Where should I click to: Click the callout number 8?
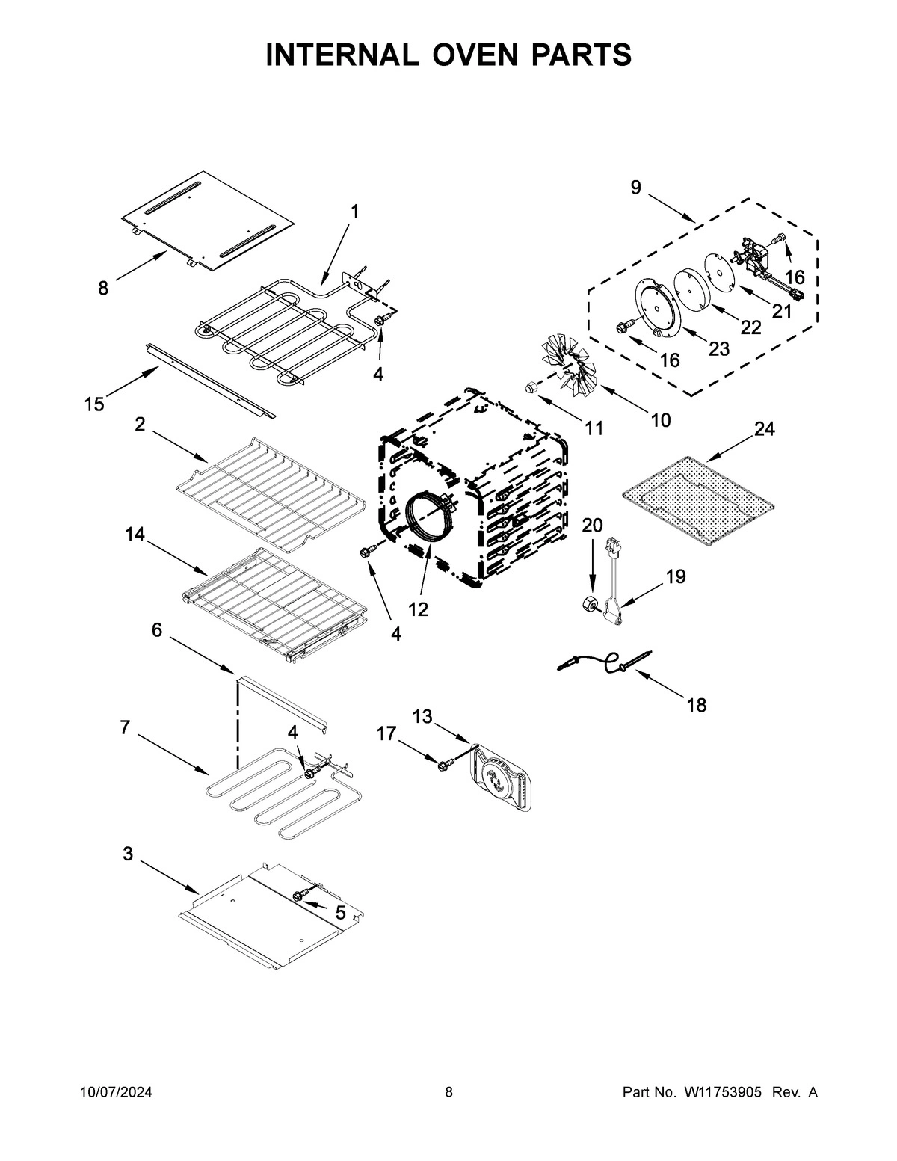(102, 287)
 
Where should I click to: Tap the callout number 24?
(764, 429)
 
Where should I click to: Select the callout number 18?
(696, 704)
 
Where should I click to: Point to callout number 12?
(418, 609)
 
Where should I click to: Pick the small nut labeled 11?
(531, 387)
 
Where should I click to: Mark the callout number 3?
(128, 854)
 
